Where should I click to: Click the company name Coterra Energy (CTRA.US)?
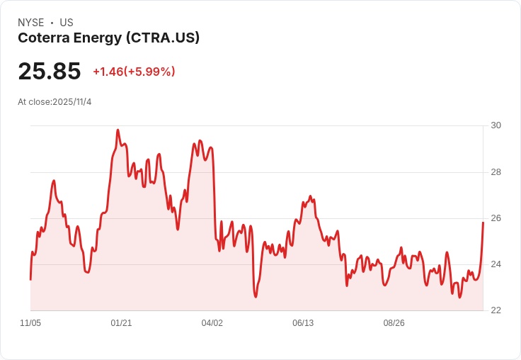tap(108, 38)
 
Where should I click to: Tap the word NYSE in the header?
tap(31, 23)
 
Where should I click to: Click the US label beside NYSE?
tap(67, 23)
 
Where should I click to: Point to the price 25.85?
tap(50, 72)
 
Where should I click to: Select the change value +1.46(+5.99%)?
tap(134, 72)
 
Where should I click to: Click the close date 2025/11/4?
tap(72, 102)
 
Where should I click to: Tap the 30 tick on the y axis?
tap(496, 125)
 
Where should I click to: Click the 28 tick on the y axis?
tap(496, 172)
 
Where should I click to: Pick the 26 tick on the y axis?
tap(496, 218)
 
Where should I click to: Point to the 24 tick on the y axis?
tap(496, 264)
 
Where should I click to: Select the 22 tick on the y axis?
tap(496, 310)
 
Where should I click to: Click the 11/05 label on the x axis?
tap(30, 323)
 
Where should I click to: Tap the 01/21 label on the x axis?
tap(121, 323)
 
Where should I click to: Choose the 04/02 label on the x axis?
tap(212, 323)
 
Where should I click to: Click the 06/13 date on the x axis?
tap(303, 323)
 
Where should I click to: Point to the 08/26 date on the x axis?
tap(394, 323)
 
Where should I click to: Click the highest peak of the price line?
tap(118, 130)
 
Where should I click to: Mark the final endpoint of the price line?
tap(483, 223)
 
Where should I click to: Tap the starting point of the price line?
tap(30, 279)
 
